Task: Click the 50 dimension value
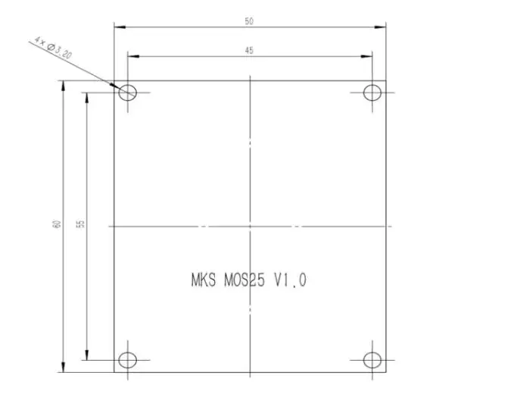tap(249, 21)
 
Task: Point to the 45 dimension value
tap(249, 51)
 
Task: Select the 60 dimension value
tap(57, 224)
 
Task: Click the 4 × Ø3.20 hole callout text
tap(53, 48)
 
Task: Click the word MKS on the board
tap(204, 280)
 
